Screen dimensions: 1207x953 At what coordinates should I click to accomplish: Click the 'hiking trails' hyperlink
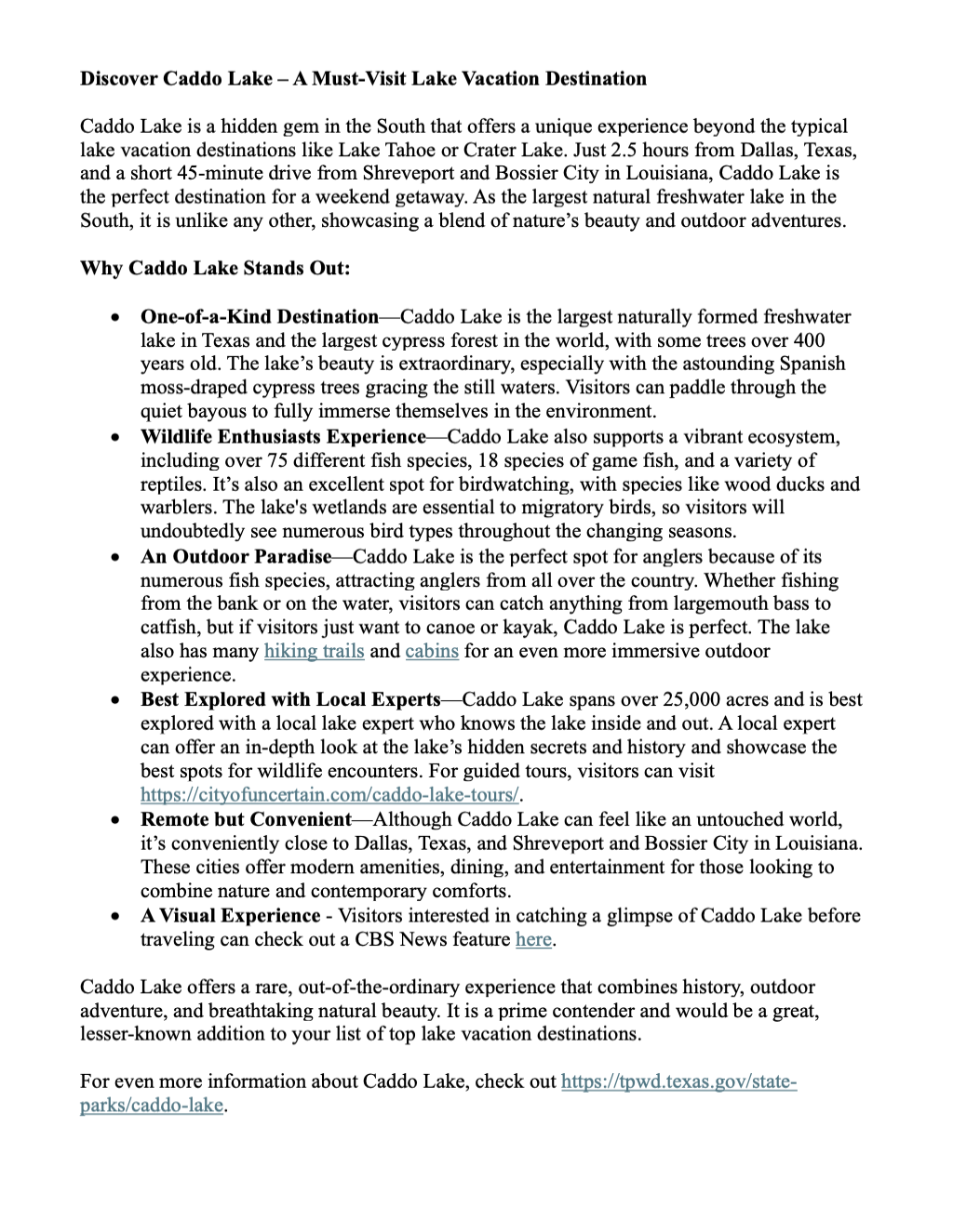click(x=314, y=651)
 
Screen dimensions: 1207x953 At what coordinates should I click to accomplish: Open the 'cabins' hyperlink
click(x=432, y=651)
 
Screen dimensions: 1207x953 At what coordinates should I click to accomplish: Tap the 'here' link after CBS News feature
click(x=533, y=939)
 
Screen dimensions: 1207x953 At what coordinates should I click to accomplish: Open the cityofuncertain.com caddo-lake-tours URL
click(x=329, y=795)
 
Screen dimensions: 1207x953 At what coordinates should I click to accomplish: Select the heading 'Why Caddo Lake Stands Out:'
click(x=215, y=269)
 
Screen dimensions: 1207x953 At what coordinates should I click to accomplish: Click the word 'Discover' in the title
click(x=119, y=78)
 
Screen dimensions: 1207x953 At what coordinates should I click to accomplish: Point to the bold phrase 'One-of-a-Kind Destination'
click(x=260, y=317)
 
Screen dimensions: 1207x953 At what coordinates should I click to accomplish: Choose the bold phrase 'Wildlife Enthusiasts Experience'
click(x=283, y=436)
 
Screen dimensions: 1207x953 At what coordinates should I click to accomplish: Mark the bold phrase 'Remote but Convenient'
click(x=246, y=819)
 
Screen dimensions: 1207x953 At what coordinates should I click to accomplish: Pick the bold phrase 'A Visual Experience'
click(x=230, y=915)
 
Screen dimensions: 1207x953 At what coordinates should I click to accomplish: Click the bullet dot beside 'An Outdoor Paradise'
click(x=114, y=557)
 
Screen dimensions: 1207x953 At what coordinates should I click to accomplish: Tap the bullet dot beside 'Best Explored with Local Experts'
click(x=114, y=700)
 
